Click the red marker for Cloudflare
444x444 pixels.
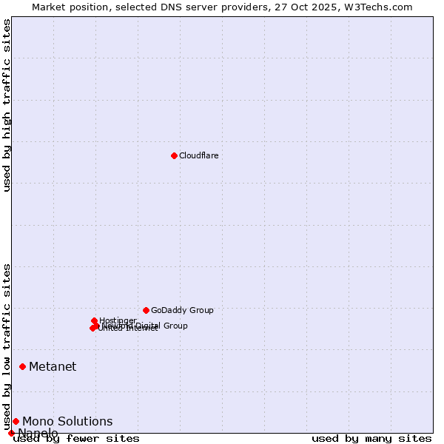coord(174,155)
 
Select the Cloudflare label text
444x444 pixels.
coord(198,155)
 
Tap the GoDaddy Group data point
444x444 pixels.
coord(146,310)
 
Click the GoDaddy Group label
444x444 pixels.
coord(182,310)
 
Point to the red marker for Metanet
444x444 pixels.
coord(22,366)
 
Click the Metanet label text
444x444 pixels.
coord(53,366)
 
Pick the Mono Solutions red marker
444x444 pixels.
coord(16,421)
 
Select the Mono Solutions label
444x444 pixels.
coord(67,421)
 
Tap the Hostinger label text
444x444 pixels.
coord(118,320)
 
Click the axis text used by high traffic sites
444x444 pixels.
coord(7,105)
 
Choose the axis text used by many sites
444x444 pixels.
coord(371,438)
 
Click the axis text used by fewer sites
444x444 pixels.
coord(76,438)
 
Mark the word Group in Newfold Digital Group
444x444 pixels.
coord(175,326)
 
